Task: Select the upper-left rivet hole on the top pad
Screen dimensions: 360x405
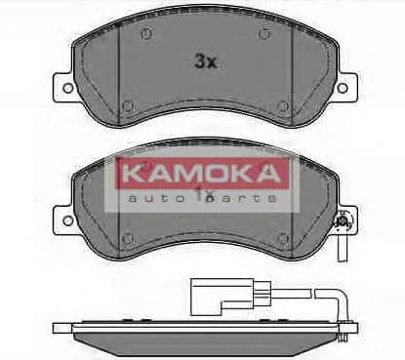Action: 144,35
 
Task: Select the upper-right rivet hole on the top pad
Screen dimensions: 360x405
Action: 264,35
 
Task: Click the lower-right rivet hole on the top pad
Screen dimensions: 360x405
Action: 282,105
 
